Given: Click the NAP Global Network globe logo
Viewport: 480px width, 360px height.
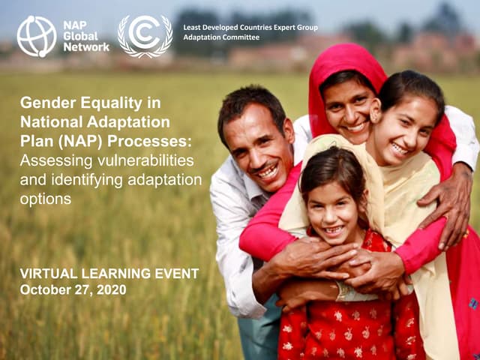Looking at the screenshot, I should [37, 36].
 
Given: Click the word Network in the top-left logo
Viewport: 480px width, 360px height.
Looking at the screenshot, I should [87, 46].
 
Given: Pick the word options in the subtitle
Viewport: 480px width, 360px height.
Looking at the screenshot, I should [46, 199].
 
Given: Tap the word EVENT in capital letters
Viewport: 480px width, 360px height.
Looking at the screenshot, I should [173, 274].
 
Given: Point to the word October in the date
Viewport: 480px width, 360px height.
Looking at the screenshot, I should [45, 289].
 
